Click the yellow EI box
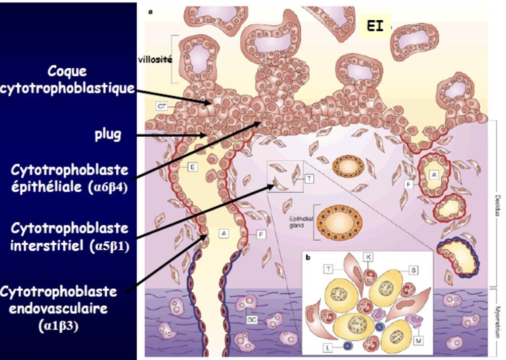(x=375, y=27)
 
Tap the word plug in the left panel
(x=108, y=135)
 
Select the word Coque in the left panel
(x=67, y=72)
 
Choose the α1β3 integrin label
(x=58, y=326)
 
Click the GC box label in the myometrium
(x=251, y=320)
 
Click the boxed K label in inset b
(x=368, y=257)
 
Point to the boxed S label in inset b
(x=413, y=270)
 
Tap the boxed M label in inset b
(x=418, y=342)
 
